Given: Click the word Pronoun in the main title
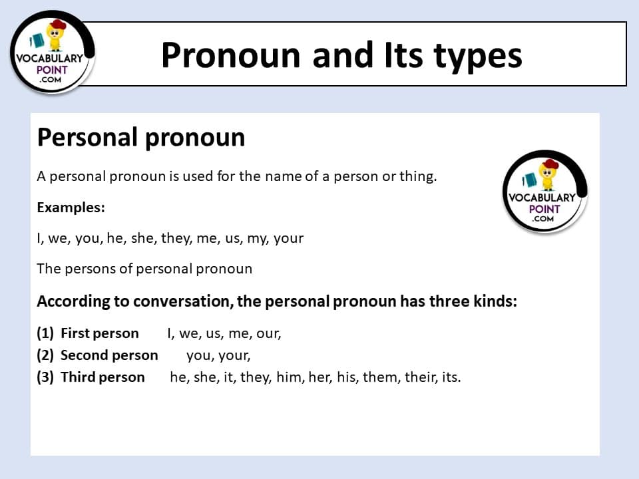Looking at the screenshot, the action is (231, 55).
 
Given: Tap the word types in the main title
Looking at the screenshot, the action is (478, 57).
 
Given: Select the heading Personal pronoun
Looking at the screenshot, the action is (141, 138).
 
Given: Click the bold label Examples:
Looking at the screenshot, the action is (71, 208).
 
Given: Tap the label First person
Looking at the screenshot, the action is (100, 333).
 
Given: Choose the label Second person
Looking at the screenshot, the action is (109, 355).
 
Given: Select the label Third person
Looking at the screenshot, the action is (103, 377).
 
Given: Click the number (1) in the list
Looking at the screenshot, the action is (45, 333).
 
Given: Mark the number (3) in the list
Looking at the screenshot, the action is (45, 377).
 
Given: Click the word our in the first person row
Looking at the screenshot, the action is (268, 333).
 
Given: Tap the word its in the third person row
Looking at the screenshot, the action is (451, 377).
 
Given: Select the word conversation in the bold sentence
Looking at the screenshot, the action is (184, 301).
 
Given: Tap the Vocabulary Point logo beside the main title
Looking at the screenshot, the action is (52, 53).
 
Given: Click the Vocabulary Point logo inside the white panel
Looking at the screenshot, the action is (545, 192).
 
